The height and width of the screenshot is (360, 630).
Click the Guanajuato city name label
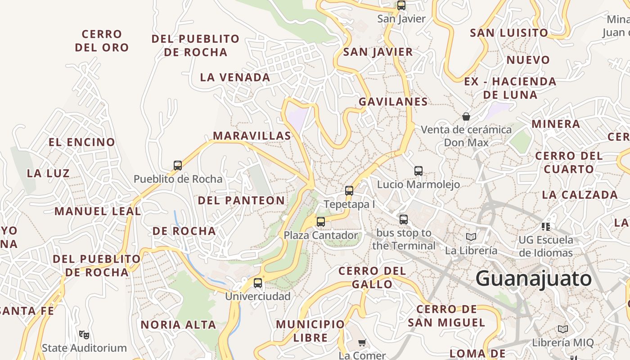(533, 279)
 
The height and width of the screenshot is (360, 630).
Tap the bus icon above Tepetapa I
(349, 190)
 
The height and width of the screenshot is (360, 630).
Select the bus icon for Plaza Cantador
(321, 221)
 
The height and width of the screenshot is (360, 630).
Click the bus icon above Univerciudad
(258, 283)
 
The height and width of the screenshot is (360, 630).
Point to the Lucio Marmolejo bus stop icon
(418, 171)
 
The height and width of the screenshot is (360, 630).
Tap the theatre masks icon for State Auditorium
(84, 334)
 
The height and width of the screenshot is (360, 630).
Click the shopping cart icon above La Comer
(362, 342)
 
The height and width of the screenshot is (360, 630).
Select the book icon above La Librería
(471, 237)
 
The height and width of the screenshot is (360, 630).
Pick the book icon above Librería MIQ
(563, 329)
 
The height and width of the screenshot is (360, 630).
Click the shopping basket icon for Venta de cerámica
(466, 117)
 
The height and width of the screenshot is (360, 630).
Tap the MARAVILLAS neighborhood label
(252, 135)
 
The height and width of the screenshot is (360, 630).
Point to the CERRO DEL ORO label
(102, 40)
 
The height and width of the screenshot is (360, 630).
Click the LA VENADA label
(235, 77)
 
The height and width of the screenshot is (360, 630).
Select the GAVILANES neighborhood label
(393, 102)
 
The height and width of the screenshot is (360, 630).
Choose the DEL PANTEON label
(241, 200)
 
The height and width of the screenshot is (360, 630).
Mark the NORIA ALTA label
(178, 324)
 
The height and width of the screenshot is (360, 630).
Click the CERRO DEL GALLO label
(372, 277)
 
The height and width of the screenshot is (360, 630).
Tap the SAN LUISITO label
(509, 33)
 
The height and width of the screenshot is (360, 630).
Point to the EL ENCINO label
(82, 142)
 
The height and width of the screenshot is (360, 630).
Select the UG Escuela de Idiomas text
(546, 246)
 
